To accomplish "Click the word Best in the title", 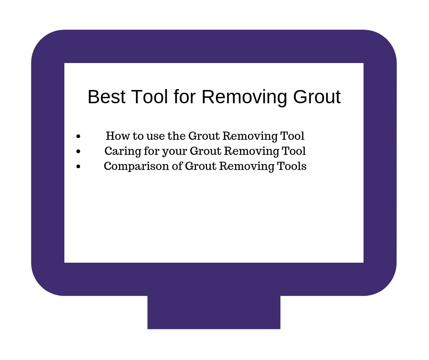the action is click(x=106, y=97).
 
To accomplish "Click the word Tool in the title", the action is click(x=149, y=97).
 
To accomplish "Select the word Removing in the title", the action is click(x=244, y=97).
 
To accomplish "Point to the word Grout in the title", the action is click(x=317, y=97).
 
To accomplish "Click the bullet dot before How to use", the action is click(x=78, y=136).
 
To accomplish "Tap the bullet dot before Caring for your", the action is click(x=78, y=151).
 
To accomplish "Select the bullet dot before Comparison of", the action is click(x=78, y=166).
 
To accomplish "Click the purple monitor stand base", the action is click(x=214, y=312).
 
